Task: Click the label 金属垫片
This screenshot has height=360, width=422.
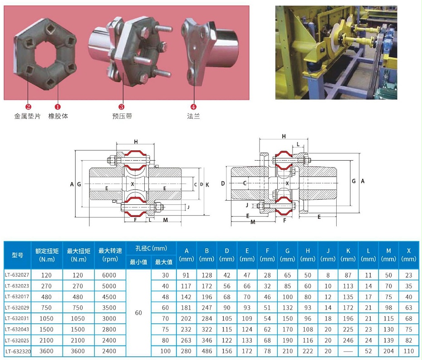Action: pyautogui.click(x=28, y=116)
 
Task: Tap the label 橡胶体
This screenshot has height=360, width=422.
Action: pyautogui.click(x=58, y=116)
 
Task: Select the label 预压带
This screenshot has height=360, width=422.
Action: pyautogui.click(x=122, y=116)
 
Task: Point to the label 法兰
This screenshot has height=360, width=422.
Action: pyautogui.click(x=193, y=116)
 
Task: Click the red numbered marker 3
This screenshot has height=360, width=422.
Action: pyautogui.click(x=122, y=107)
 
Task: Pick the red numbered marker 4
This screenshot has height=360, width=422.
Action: pyautogui.click(x=193, y=107)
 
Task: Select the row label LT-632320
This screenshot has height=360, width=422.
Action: pyautogui.click(x=17, y=351)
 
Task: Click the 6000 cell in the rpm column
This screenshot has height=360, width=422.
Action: pyautogui.click(x=109, y=275)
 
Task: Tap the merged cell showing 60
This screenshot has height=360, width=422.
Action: pyautogui.click(x=138, y=313)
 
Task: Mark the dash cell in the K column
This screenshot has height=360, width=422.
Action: pyautogui.click(x=348, y=351)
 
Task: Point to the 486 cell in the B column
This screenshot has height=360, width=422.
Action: pyautogui.click(x=206, y=351)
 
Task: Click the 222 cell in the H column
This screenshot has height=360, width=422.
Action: pyautogui.click(x=308, y=351)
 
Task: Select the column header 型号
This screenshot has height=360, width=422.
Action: pyautogui.click(x=17, y=255)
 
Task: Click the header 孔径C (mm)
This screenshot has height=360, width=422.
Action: pyautogui.click(x=151, y=248)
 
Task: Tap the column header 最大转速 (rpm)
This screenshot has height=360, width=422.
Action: pyautogui.click(x=109, y=255)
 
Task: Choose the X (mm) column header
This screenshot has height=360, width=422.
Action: pyautogui.click(x=409, y=255)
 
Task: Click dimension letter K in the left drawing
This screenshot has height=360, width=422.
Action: pyautogui.click(x=207, y=184)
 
